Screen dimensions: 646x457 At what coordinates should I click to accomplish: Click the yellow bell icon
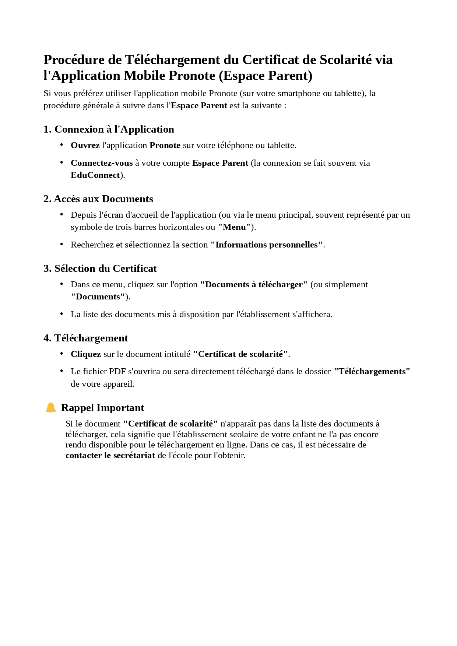click(x=50, y=407)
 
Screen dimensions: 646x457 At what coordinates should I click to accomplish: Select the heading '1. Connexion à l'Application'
click(x=109, y=129)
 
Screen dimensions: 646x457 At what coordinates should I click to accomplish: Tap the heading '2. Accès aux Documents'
click(x=98, y=199)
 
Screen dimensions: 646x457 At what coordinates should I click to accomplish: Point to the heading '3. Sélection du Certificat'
click(x=100, y=268)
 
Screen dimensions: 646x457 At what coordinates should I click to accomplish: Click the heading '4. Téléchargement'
click(x=85, y=338)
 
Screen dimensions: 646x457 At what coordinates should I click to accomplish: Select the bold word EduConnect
click(x=95, y=175)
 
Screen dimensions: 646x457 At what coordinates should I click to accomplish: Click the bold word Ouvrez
click(x=85, y=145)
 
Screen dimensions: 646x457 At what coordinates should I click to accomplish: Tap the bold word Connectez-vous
click(x=102, y=163)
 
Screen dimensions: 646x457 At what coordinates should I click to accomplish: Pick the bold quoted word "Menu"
click(x=234, y=227)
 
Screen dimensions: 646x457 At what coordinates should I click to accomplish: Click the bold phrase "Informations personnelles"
click(x=267, y=245)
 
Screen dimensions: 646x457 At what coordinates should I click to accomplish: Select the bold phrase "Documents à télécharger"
click(x=254, y=284)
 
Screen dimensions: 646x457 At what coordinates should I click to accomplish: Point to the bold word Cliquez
click(x=86, y=354)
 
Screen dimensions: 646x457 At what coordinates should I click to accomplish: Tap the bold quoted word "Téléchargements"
click(x=372, y=371)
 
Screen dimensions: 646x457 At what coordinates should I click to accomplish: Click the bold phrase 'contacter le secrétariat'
click(x=110, y=455)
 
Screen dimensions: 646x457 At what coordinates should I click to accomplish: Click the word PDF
click(x=117, y=371)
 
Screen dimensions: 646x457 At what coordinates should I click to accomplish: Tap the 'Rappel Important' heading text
click(x=102, y=408)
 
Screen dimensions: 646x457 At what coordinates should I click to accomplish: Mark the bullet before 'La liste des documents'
click(x=61, y=314)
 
